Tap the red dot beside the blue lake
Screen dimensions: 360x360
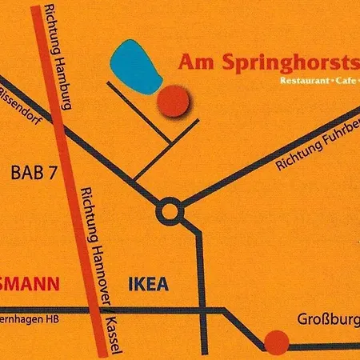point(173,101)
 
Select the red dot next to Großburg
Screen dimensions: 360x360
point(277,342)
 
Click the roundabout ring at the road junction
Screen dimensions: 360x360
point(170,212)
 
